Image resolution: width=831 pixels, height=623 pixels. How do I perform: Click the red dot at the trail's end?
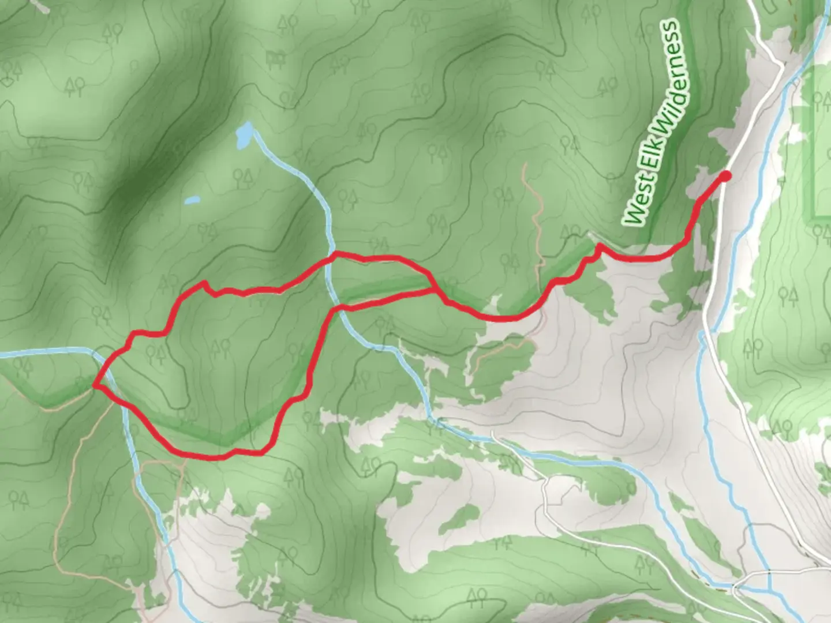click(725, 175)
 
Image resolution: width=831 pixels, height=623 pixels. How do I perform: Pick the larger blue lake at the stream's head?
click(244, 135)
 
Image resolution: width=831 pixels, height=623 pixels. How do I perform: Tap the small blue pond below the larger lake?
click(192, 201)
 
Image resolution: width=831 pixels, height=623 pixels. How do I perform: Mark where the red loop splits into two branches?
click(435, 290)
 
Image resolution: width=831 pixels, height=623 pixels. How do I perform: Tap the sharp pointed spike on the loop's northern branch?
click(205, 283)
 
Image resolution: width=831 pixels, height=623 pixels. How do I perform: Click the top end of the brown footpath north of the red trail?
click(525, 166)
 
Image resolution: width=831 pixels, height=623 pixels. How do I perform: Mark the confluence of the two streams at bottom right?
click(769, 590)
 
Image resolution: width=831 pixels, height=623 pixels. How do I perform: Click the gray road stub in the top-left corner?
click(38, 5)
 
